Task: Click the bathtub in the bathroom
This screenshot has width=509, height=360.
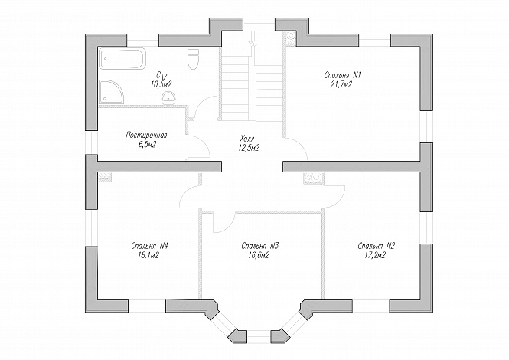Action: (122, 58)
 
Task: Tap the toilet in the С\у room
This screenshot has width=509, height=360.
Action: (193, 59)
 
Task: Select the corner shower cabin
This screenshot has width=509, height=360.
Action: (112, 90)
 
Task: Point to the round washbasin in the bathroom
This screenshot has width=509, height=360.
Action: (168, 98)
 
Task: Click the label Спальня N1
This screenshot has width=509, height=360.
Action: (343, 75)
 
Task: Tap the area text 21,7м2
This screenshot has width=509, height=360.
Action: (342, 85)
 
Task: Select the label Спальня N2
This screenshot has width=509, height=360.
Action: (377, 246)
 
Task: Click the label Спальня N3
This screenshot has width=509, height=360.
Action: (260, 246)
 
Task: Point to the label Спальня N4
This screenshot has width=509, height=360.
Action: (149, 246)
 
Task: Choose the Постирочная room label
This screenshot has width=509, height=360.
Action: (146, 135)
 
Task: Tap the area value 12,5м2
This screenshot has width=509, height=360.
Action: (248, 148)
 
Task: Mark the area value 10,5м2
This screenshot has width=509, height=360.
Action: (161, 84)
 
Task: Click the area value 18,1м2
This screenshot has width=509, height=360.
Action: (148, 256)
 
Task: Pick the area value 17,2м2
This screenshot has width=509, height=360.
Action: (376, 256)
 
